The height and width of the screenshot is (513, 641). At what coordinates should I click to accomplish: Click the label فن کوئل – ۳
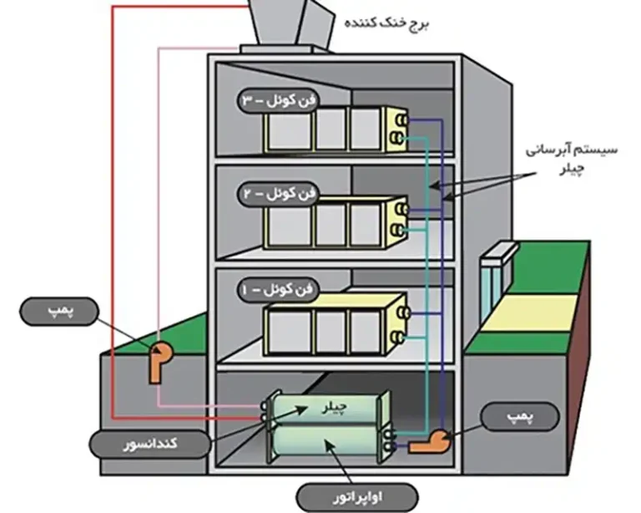pyautogui.click(x=278, y=100)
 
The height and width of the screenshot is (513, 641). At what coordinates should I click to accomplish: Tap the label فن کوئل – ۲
pyautogui.click(x=278, y=193)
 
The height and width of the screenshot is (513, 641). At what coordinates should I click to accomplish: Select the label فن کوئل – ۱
pyautogui.click(x=278, y=290)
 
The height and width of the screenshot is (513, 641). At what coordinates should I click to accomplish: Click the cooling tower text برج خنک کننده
pyautogui.click(x=386, y=23)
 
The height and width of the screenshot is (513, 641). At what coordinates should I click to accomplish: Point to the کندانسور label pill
pyautogui.click(x=150, y=443)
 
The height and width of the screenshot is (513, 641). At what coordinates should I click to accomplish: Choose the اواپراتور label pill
pyautogui.click(x=357, y=497)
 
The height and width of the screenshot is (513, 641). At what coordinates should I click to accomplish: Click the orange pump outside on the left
pyautogui.click(x=160, y=361)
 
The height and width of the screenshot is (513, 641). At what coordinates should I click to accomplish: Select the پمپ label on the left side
pyautogui.click(x=59, y=312)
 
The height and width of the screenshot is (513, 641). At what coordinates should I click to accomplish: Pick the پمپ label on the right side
pyautogui.click(x=520, y=416)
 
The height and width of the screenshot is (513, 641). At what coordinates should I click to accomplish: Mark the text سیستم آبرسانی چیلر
pyautogui.click(x=572, y=159)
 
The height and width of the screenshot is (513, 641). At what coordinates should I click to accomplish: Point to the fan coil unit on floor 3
pyautogui.click(x=336, y=130)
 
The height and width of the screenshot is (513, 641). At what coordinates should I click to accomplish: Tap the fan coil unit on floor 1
pyautogui.click(x=336, y=323)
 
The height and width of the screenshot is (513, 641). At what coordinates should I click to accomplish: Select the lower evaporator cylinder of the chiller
pyautogui.click(x=327, y=444)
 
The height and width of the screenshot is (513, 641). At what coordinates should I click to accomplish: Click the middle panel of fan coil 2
pyautogui.click(x=331, y=226)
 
